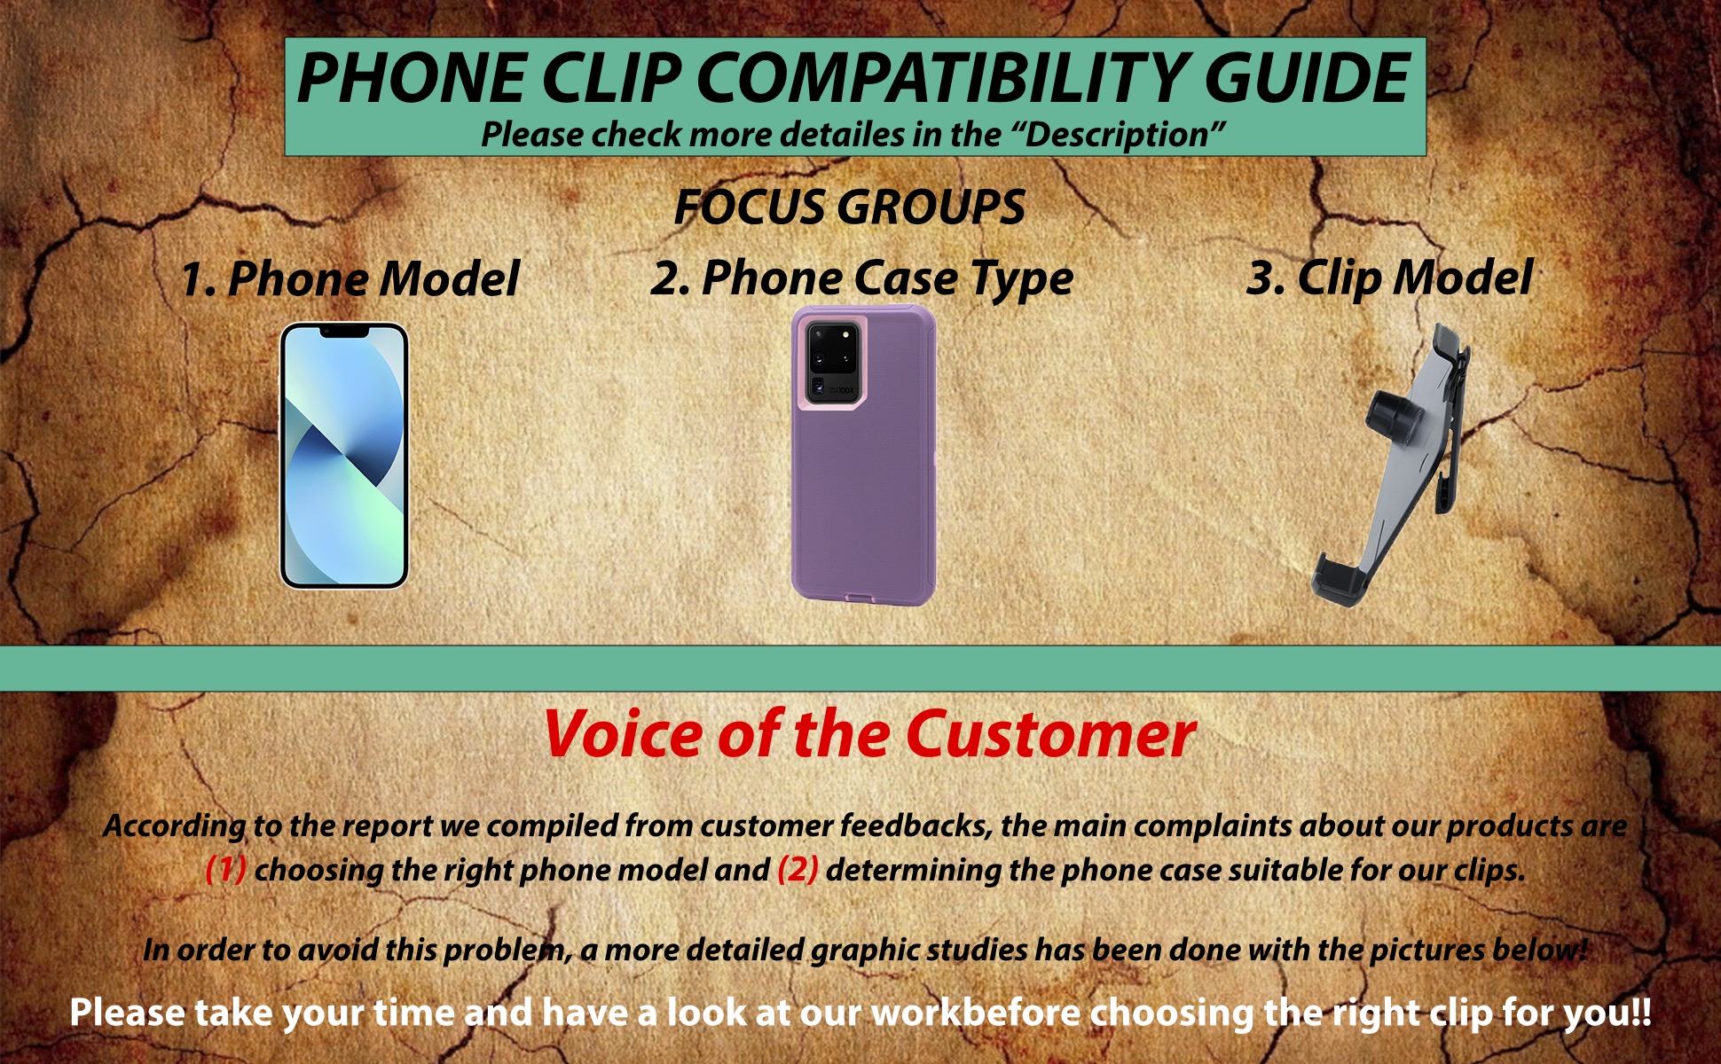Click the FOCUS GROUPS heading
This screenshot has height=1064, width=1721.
849,207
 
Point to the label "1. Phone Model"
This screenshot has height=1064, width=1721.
350,278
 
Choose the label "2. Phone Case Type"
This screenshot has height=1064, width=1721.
861,278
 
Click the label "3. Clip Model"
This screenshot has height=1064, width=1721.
1389,278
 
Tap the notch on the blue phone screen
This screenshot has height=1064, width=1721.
344,332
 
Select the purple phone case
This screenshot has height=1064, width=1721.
863,455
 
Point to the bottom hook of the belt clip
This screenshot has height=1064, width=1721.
1339,581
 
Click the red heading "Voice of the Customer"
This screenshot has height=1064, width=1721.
869,735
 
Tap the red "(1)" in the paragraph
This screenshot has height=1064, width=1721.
225,869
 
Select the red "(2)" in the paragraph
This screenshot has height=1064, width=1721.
798,869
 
